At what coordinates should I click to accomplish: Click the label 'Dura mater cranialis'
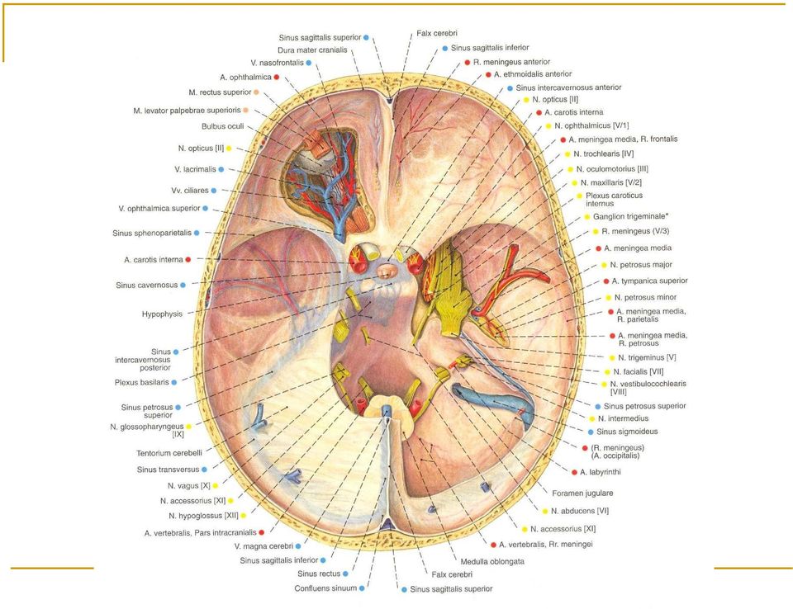(312, 50)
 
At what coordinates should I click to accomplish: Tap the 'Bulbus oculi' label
(222, 126)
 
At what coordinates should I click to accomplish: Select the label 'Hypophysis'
(162, 314)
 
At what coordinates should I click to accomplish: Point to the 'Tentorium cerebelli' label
(169, 453)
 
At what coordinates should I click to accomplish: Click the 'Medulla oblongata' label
(492, 561)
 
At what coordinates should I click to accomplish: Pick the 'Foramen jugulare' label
(582, 493)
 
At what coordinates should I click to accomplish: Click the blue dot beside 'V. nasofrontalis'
(308, 63)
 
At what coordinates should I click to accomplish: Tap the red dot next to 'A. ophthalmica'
(277, 78)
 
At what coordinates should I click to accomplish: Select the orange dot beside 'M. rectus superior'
(256, 92)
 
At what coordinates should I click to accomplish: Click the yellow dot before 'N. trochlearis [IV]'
(568, 154)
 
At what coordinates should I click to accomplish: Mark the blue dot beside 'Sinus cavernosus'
(183, 285)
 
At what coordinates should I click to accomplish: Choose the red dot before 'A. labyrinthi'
(575, 472)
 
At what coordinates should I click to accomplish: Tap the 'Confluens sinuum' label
(325, 588)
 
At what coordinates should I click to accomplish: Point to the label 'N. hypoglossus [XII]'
(203, 516)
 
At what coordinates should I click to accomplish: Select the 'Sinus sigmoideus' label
(627, 432)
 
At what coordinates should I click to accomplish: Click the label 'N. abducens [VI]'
(580, 511)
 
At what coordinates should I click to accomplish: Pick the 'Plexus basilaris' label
(141, 382)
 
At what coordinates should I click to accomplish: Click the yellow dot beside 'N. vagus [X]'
(216, 486)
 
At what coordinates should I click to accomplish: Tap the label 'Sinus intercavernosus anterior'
(568, 87)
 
